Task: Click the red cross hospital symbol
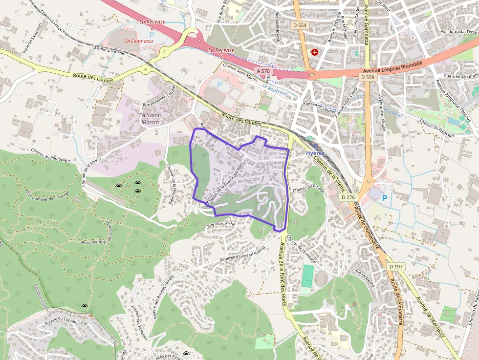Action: coord(315,51)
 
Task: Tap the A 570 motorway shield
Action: coord(262,71)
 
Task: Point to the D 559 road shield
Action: coord(367,77)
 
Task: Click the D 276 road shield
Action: coord(348,197)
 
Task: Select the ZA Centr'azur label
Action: coord(139,41)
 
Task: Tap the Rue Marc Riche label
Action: coord(221,225)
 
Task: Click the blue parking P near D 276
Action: coord(384,198)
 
